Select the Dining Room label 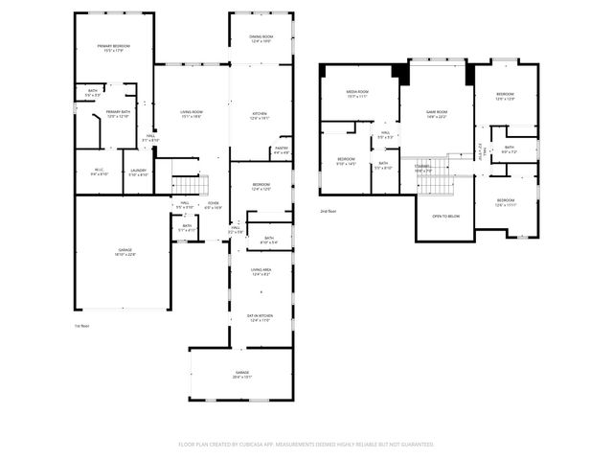248,39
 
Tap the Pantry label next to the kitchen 282,149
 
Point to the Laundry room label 139,172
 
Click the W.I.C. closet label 99,172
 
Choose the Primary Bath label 119,114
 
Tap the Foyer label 214,205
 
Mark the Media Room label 357,94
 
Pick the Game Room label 437,114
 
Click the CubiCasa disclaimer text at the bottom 306,444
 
